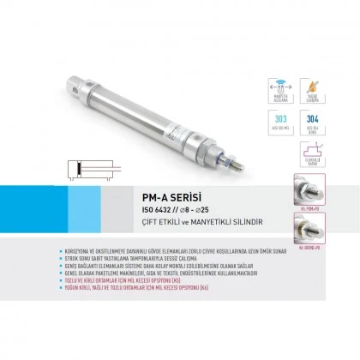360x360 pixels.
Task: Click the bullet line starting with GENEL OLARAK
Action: tap(159, 273)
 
